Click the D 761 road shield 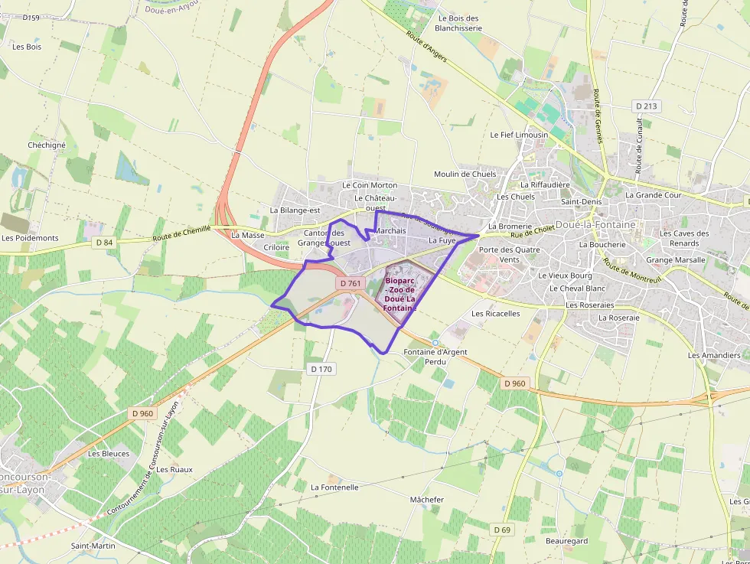pyautogui.click(x=350, y=283)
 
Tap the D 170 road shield pyautogui.click(x=322, y=369)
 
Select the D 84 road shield pyautogui.click(x=104, y=243)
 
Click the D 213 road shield pyautogui.click(x=647, y=106)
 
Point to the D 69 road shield pyautogui.click(x=502, y=530)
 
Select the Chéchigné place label pyautogui.click(x=47, y=145)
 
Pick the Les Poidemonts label pyautogui.click(x=30, y=238)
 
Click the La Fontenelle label pyautogui.click(x=334, y=487)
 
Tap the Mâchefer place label pyautogui.click(x=427, y=500)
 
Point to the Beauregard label pyautogui.click(x=567, y=541)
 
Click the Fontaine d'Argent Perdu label pyautogui.click(x=435, y=357)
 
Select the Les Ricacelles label pyautogui.click(x=495, y=313)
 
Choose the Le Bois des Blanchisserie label pyautogui.click(x=458, y=23)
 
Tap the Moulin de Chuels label pyautogui.click(x=465, y=174)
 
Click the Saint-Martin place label pyautogui.click(x=93, y=546)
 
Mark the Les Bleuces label pyautogui.click(x=109, y=453)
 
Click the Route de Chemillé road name pyautogui.click(x=181, y=233)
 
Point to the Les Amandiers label pyautogui.click(x=714, y=355)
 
